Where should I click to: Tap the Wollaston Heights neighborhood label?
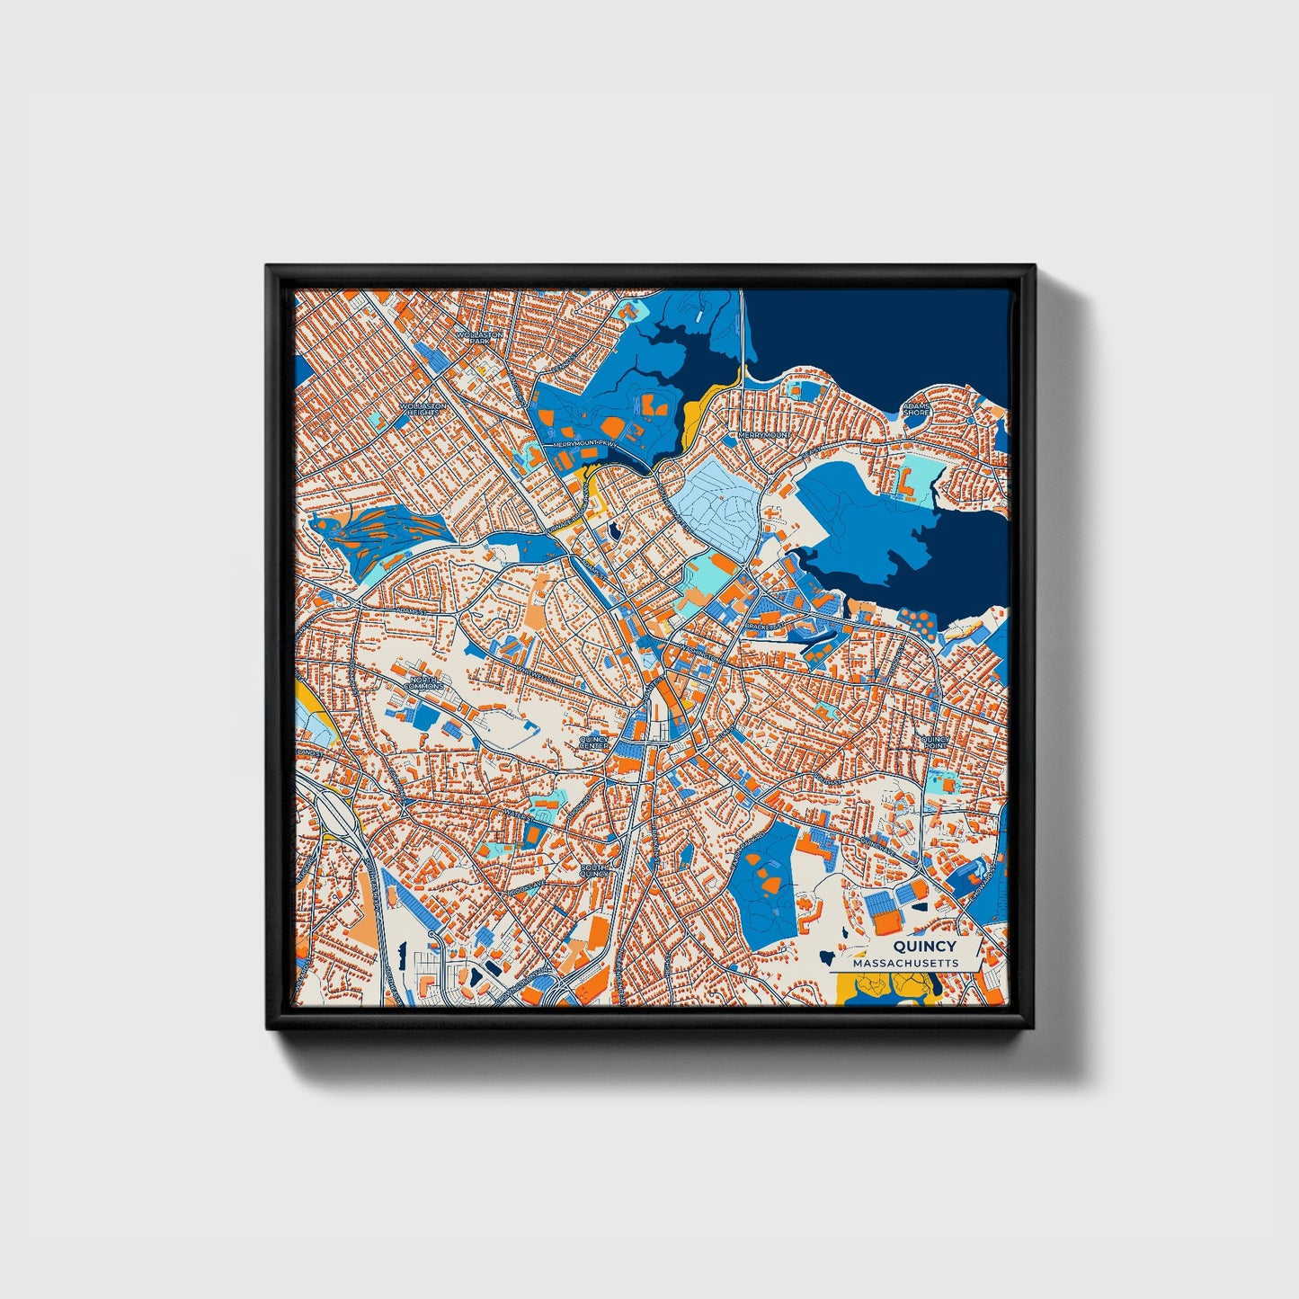pyautogui.click(x=423, y=409)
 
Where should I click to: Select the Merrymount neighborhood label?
pyautogui.click(x=763, y=435)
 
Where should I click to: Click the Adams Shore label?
pyautogui.click(x=916, y=409)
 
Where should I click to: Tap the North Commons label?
pyautogui.click(x=423, y=683)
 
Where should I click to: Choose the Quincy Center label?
pyautogui.click(x=593, y=742)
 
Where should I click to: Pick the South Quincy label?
pyautogui.click(x=594, y=869)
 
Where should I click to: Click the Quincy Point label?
pyautogui.click(x=935, y=743)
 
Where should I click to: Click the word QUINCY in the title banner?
pyautogui.click(x=924, y=947)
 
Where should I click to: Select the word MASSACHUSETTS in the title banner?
pyautogui.click(x=905, y=963)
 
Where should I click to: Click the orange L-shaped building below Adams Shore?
pyautogui.click(x=904, y=483)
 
